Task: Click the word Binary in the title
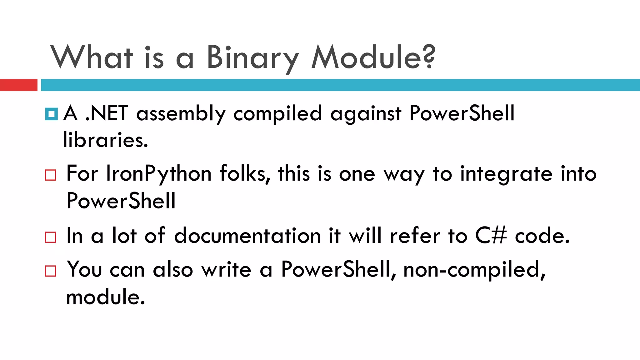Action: pos(252,58)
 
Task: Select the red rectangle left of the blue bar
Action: pos(18,85)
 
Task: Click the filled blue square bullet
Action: pos(51,114)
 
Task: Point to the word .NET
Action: pos(107,113)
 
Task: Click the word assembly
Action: pos(181,114)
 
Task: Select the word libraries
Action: pos(105,140)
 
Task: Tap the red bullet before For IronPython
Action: pos(51,175)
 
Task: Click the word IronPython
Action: pos(159,174)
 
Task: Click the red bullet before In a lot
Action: pos(51,237)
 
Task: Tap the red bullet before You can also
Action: pos(51,271)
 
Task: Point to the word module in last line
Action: pos(105,297)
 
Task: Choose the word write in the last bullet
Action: pos(226,269)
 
